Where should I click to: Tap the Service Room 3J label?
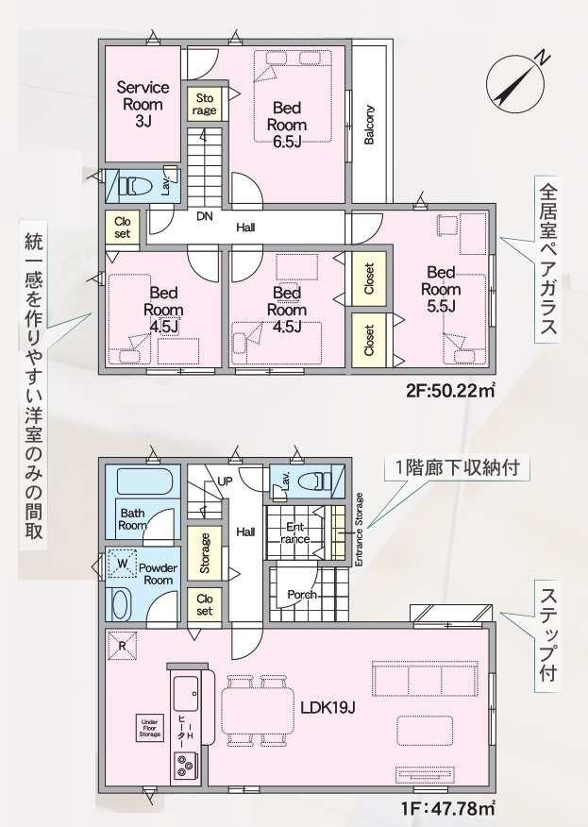click(x=143, y=104)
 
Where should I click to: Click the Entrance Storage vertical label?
click(x=360, y=529)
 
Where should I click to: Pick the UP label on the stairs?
click(x=225, y=481)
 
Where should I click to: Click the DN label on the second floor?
click(x=204, y=215)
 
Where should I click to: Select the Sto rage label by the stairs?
click(x=204, y=104)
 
